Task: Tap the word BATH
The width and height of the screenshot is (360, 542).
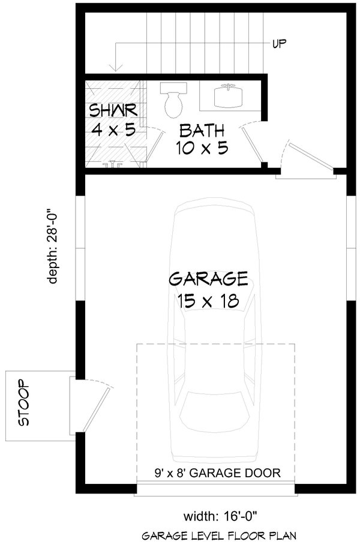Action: tap(202, 130)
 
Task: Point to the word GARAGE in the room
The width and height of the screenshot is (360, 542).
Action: tap(208, 278)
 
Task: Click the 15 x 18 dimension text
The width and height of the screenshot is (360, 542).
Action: tap(208, 300)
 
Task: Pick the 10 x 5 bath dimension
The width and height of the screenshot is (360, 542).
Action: tap(202, 148)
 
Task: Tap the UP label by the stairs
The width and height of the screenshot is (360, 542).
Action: tap(278, 43)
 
